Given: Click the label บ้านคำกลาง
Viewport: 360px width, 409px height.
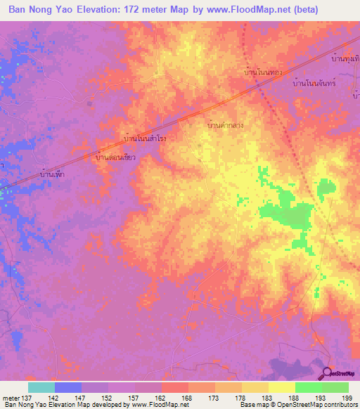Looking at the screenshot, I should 226,124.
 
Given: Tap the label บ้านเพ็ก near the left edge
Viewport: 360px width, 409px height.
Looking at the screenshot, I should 53,172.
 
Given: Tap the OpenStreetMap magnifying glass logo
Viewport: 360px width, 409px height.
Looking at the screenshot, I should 328,372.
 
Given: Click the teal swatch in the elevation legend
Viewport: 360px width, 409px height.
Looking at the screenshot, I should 41,387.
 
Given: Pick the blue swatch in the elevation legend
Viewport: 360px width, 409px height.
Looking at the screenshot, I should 67,387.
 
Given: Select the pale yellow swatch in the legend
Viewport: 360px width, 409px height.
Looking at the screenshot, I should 281,387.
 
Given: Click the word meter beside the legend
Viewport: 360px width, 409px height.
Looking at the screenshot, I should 11,398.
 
